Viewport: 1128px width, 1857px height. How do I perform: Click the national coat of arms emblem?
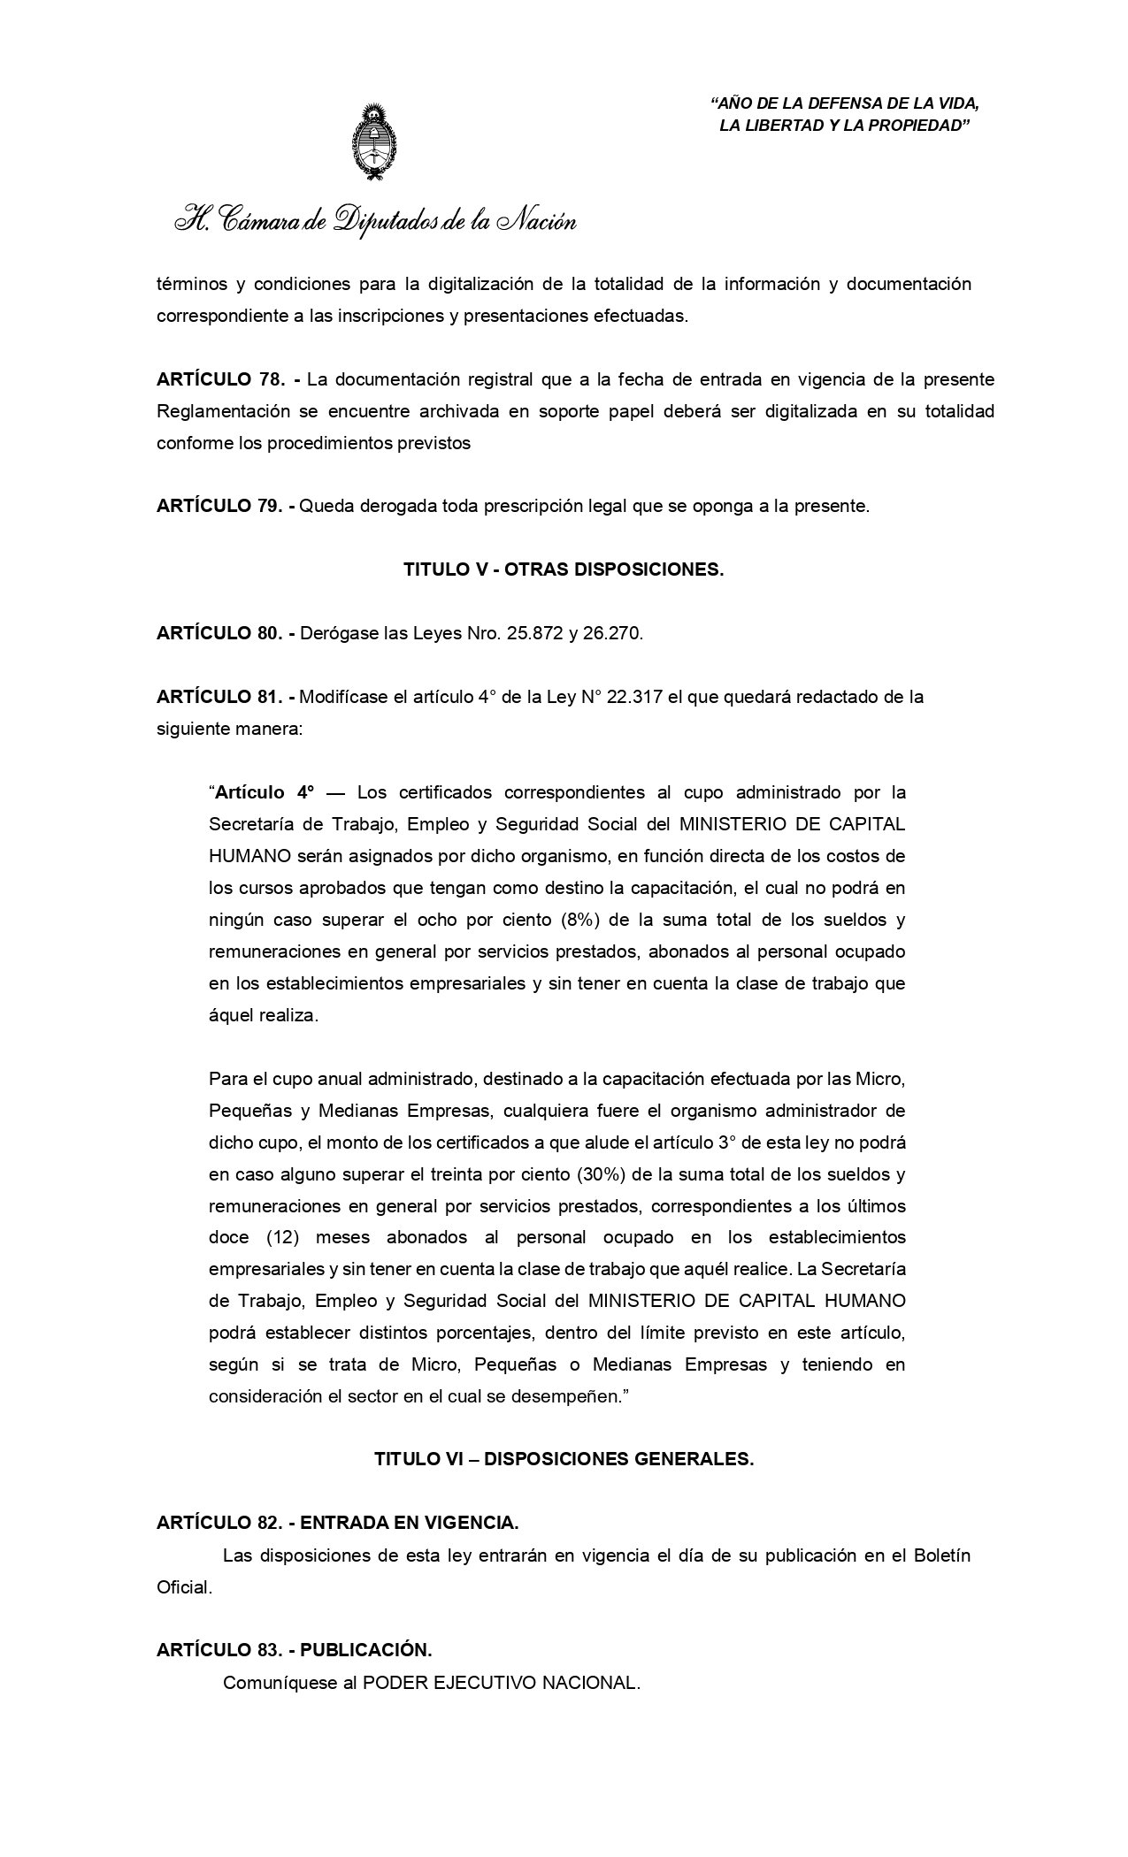pos(374,144)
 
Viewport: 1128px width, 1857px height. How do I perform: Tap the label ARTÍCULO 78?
pos(220,379)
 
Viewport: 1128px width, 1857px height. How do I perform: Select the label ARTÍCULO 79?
pos(220,507)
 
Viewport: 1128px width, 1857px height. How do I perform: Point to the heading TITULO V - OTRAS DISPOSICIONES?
pos(564,570)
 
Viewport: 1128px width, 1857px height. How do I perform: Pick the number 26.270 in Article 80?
pos(612,634)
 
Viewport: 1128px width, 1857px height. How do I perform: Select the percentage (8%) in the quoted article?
pos(580,920)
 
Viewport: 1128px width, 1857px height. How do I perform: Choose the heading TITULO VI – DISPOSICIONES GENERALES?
pos(564,1460)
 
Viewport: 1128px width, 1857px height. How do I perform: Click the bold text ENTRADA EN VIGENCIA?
pos(410,1524)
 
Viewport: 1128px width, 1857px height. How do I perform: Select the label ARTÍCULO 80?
pos(220,634)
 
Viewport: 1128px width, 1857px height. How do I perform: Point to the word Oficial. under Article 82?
pos(184,1587)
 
